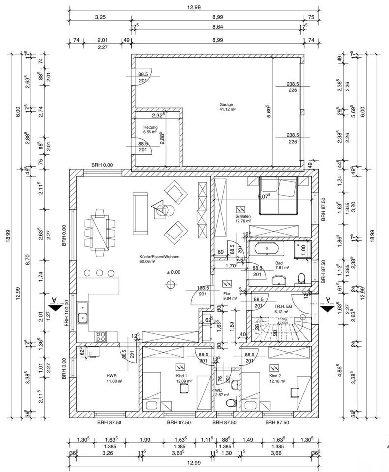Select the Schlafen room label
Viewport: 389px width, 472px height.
click(x=243, y=216)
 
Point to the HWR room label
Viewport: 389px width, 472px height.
click(x=111, y=375)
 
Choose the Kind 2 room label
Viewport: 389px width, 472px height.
click(x=274, y=375)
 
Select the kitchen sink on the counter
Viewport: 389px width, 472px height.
click(x=82, y=317)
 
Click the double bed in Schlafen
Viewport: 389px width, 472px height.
click(x=278, y=195)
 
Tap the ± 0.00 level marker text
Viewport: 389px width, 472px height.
click(x=173, y=272)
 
